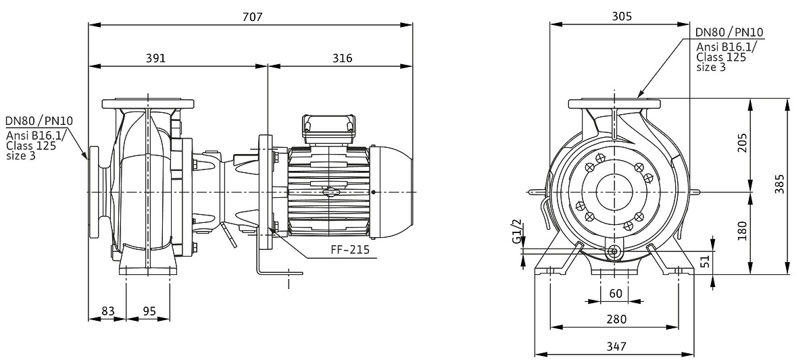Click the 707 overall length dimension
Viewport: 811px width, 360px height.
[251, 16]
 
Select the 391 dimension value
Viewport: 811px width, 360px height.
[156, 58]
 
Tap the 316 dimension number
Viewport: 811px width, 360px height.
[342, 58]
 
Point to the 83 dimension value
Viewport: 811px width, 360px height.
[107, 311]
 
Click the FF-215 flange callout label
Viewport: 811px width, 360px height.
[350, 249]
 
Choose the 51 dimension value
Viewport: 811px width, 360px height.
[706, 261]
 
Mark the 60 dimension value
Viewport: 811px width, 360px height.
[615, 293]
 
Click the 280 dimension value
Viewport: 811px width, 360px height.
[616, 319]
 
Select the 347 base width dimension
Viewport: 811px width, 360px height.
[616, 346]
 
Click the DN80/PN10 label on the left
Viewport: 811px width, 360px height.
[39, 122]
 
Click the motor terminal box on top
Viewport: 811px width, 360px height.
[328, 128]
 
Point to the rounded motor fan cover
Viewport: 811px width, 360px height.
[395, 192]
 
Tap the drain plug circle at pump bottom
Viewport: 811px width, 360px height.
[614, 252]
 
